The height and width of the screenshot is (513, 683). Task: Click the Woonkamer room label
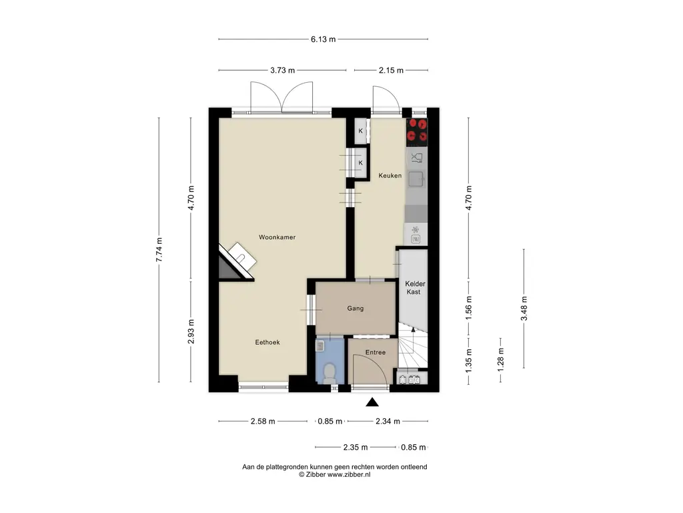[x=277, y=237]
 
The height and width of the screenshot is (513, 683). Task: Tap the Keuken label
[x=390, y=176]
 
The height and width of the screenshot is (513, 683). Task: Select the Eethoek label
[x=267, y=342]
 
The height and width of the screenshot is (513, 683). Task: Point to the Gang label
[x=355, y=309]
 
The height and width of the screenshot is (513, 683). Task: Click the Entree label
[x=375, y=353]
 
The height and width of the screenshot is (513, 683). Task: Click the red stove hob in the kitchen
[x=418, y=132]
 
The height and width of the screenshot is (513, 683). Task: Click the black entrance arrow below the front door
[x=372, y=401]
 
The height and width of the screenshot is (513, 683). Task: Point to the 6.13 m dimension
[x=323, y=39]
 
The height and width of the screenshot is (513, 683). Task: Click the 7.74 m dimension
[x=159, y=250]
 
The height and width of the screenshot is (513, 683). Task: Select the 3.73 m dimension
[x=282, y=70]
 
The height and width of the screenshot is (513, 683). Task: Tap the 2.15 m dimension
[x=391, y=70]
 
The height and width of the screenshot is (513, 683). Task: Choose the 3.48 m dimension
[x=524, y=308]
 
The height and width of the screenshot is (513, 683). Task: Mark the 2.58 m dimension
[x=263, y=421]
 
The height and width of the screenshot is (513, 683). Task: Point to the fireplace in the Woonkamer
[x=237, y=261]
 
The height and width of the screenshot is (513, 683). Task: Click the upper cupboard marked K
[x=360, y=131]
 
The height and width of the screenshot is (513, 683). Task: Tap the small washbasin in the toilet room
[x=321, y=345]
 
